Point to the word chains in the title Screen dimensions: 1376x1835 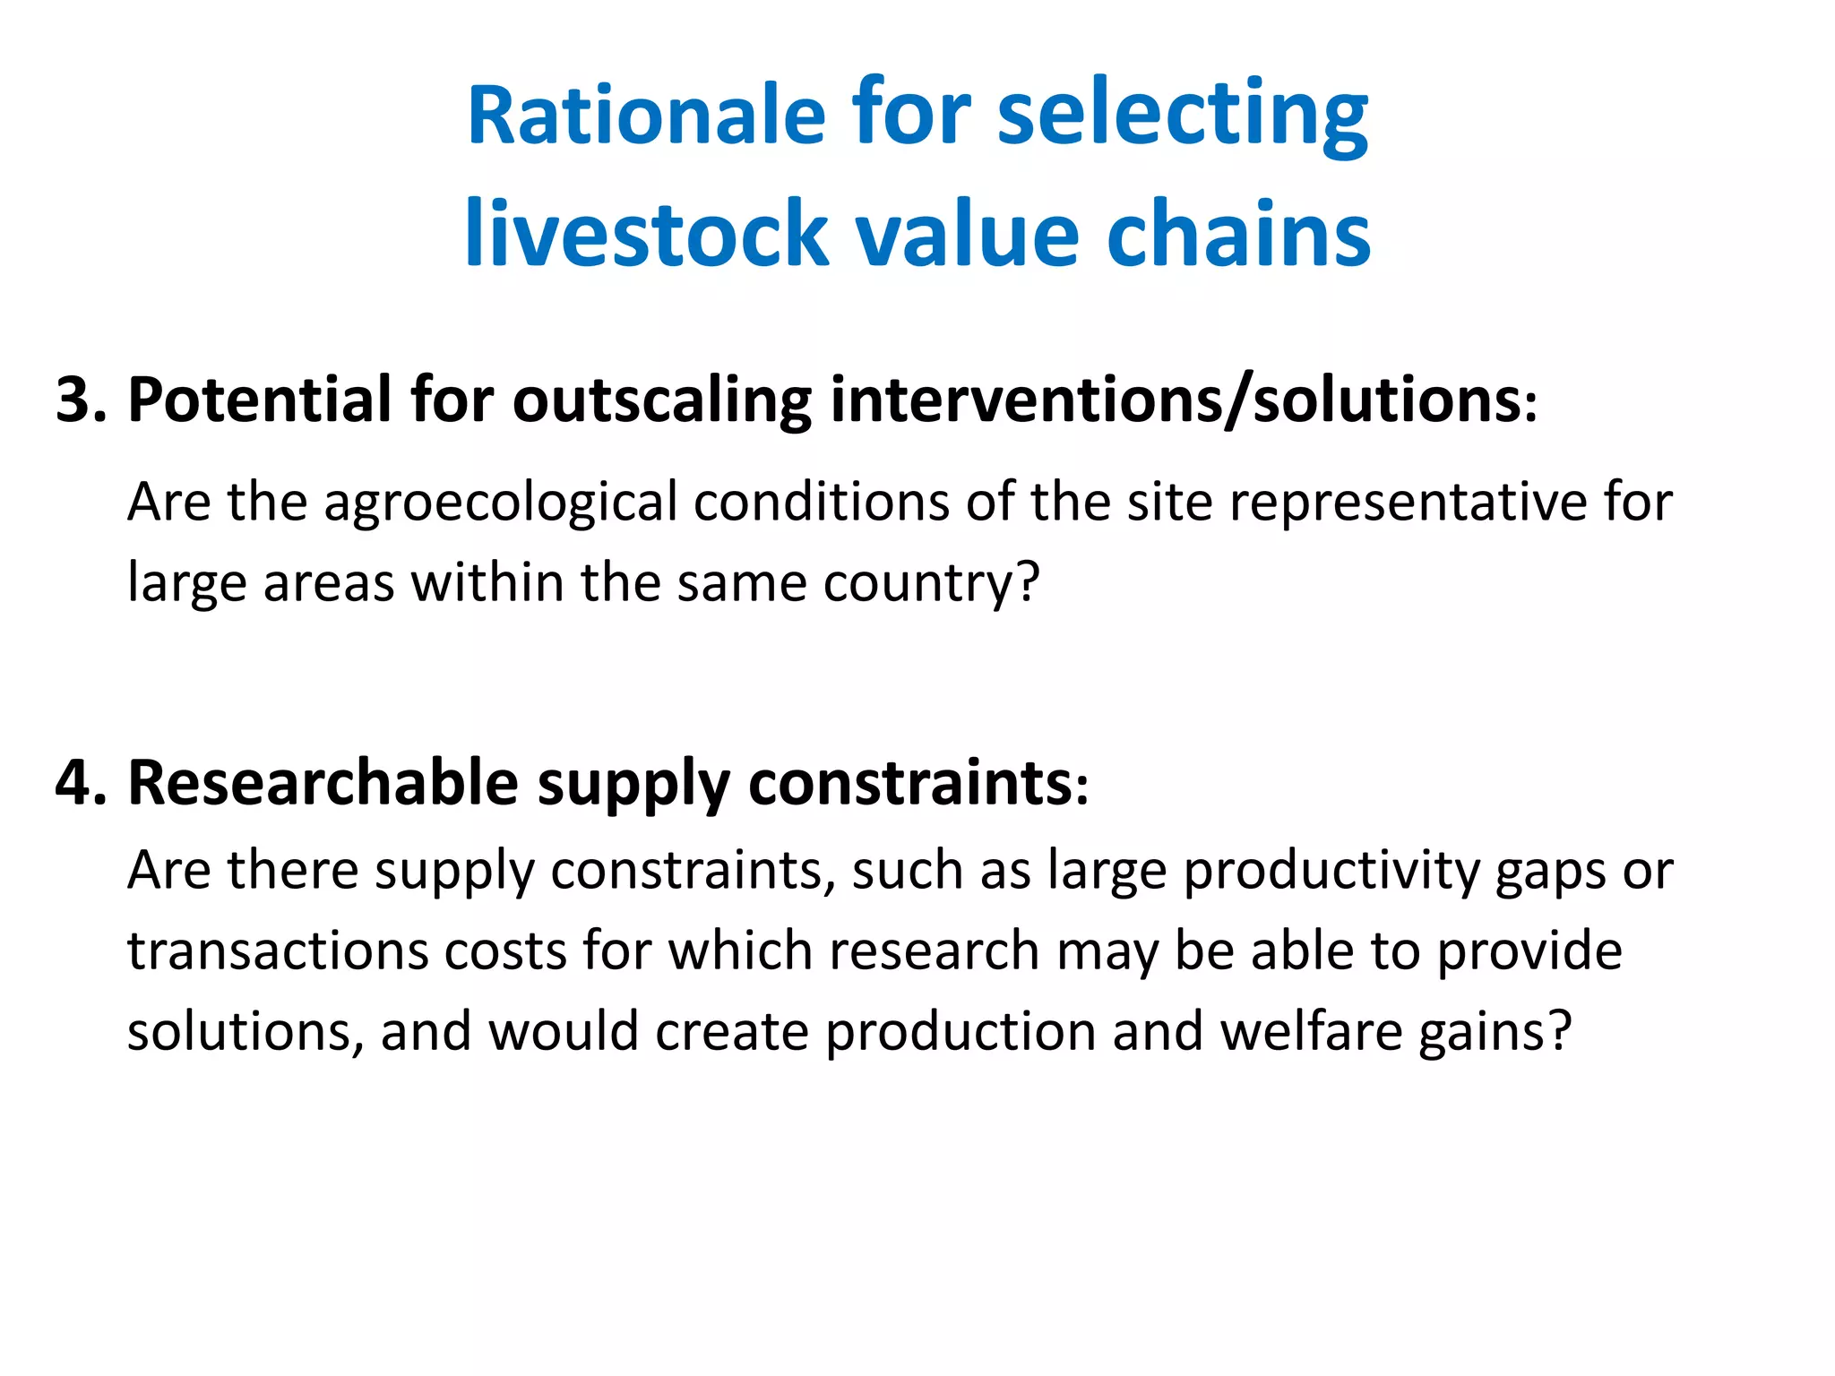point(1238,235)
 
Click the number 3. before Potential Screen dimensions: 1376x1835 point(81,400)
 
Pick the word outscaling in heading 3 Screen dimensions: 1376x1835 point(661,400)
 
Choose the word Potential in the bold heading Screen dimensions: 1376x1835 point(260,400)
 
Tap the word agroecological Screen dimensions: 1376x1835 point(500,503)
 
